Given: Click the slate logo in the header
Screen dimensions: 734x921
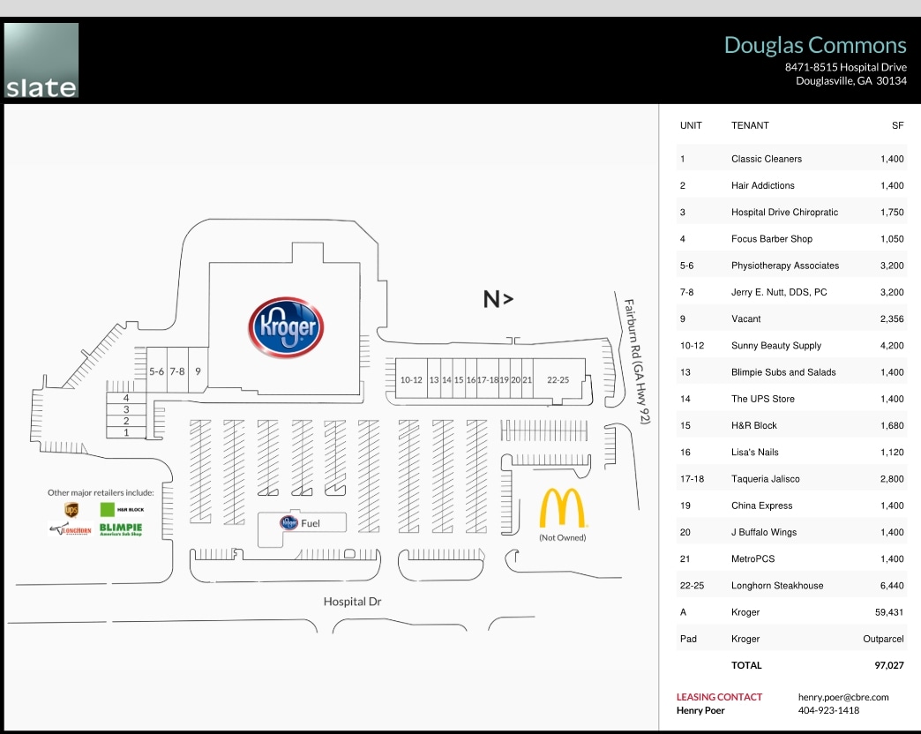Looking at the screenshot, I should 41,60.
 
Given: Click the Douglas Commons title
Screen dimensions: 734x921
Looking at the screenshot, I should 814,45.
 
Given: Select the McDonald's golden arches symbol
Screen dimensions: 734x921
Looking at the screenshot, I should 562,508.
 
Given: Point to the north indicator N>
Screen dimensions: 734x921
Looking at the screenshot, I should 498,299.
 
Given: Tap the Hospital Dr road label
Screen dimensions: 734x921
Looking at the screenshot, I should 352,602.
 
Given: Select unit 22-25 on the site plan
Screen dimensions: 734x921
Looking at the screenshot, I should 558,379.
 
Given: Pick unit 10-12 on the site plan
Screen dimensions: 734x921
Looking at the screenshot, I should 411,379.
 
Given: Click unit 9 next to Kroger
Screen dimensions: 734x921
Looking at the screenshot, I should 198,371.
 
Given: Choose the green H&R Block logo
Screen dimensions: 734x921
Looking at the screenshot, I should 109,509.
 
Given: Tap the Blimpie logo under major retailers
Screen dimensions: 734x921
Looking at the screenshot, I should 121,530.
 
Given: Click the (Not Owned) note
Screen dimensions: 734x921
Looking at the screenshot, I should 562,537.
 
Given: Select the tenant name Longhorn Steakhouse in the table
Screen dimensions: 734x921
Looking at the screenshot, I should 777,586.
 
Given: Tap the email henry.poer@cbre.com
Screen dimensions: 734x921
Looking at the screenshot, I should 842,697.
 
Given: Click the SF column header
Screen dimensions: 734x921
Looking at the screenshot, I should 898,125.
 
